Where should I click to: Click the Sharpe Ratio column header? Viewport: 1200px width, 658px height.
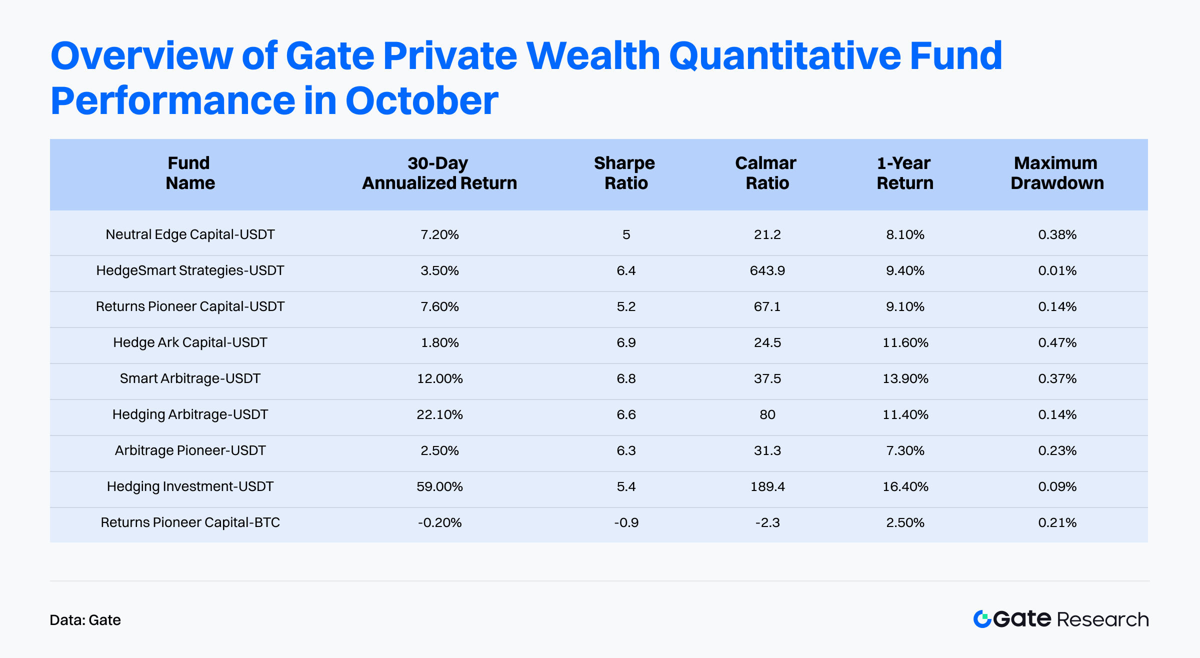(x=625, y=173)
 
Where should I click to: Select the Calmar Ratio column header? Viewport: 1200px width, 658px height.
(x=766, y=173)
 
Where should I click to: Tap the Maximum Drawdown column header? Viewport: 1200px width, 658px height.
(x=1056, y=173)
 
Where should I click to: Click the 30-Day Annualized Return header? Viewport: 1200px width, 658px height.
(x=439, y=173)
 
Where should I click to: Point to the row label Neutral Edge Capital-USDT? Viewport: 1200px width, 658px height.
(x=190, y=234)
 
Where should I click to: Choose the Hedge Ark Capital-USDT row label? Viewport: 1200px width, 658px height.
(x=190, y=342)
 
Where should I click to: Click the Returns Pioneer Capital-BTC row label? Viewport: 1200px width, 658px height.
(x=190, y=522)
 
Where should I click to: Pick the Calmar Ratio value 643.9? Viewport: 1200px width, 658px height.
(x=767, y=270)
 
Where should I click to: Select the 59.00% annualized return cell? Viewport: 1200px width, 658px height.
(x=439, y=486)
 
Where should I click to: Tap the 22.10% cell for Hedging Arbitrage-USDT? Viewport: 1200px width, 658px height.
(x=439, y=414)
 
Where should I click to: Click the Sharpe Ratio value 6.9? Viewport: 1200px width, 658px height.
(x=626, y=342)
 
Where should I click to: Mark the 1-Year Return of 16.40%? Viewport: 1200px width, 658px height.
(x=905, y=486)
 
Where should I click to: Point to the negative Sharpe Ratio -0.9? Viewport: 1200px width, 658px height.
(x=626, y=522)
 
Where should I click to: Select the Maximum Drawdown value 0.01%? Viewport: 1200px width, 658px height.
(x=1057, y=270)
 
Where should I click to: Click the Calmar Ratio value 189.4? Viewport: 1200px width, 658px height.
(x=767, y=486)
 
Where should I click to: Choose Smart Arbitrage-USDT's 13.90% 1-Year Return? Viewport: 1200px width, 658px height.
(x=905, y=378)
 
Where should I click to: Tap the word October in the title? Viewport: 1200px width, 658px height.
(x=421, y=101)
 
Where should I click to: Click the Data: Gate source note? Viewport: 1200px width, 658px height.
(x=85, y=620)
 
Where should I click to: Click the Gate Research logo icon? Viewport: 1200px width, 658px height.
(x=982, y=619)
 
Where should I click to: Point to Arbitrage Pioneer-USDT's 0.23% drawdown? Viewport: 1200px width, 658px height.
(x=1057, y=450)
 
